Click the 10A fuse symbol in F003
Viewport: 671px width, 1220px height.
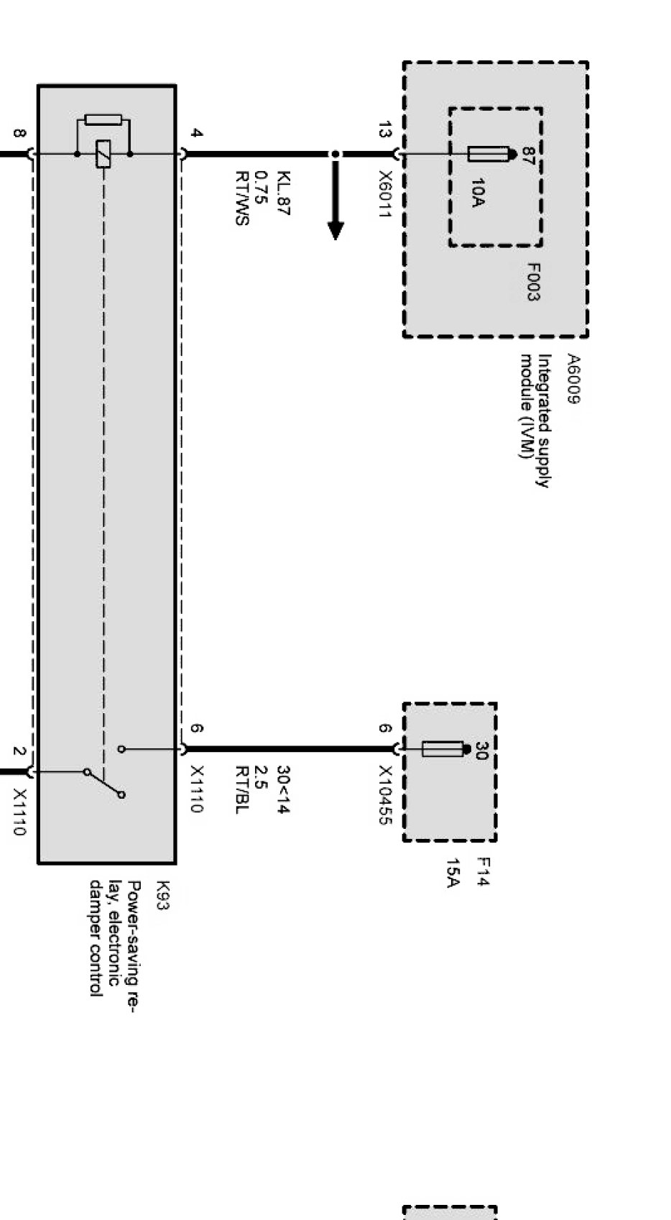489,154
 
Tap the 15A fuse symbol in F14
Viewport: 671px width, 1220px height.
443,750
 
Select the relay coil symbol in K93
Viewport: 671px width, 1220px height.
103,154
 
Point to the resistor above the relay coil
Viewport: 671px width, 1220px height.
103,119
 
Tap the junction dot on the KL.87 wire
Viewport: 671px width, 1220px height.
335,154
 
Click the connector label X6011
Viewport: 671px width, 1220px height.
385,196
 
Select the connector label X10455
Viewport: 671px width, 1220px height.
385,795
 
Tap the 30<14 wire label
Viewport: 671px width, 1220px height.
283,789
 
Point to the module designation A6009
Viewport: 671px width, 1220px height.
573,379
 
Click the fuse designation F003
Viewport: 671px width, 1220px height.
533,282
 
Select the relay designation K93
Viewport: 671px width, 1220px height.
162,896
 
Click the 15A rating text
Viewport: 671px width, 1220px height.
453,873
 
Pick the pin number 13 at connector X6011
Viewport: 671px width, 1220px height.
385,131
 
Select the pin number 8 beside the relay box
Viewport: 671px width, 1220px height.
19,134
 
